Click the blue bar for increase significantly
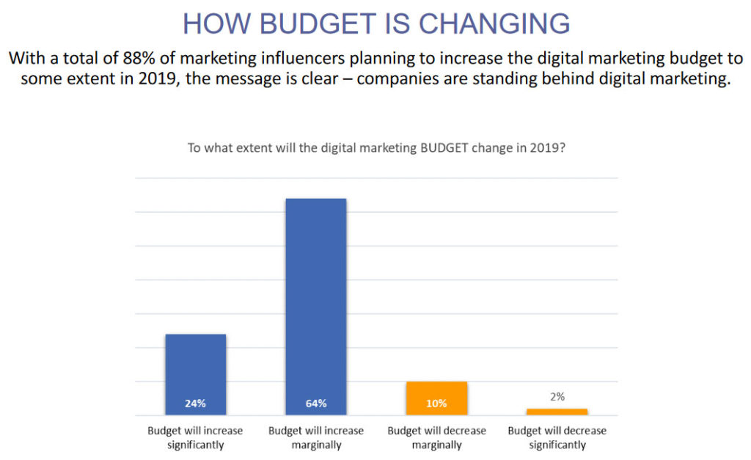[x=195, y=367]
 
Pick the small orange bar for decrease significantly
[x=557, y=412]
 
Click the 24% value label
[x=195, y=404]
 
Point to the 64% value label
[x=315, y=404]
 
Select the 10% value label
[x=436, y=404]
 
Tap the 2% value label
[x=557, y=397]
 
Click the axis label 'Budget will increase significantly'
[x=195, y=437]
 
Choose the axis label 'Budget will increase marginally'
[x=316, y=437]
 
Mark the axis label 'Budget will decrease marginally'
[x=436, y=437]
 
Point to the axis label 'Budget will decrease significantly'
[x=557, y=437]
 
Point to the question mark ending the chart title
[x=561, y=147]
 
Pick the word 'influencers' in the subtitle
[x=270, y=57]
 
